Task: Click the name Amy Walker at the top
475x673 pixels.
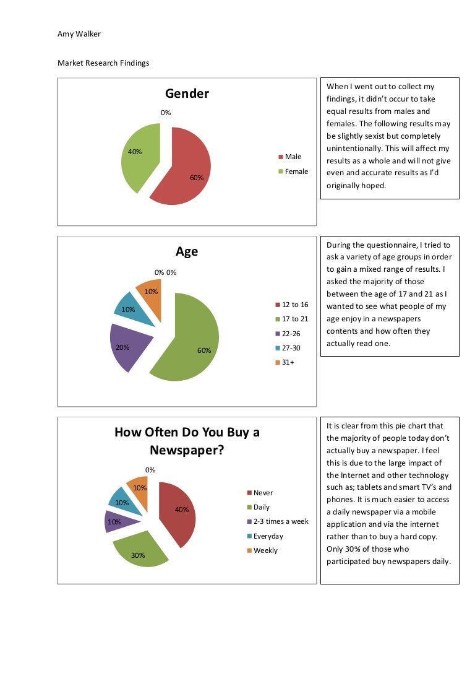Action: (79, 34)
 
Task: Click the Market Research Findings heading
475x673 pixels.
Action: (103, 63)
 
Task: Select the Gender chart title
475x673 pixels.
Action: (187, 93)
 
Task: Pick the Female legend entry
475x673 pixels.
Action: (296, 172)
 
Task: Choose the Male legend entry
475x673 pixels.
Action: (293, 157)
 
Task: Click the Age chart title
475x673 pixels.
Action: (187, 251)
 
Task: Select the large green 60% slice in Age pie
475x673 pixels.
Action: (189, 341)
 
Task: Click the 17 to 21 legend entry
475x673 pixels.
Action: (294, 319)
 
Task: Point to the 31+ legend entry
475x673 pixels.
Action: (288, 362)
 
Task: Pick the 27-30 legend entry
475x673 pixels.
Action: (291, 348)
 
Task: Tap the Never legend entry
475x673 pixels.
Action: (263, 493)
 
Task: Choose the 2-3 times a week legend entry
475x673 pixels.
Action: (281, 521)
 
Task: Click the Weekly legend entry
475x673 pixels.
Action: (265, 550)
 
